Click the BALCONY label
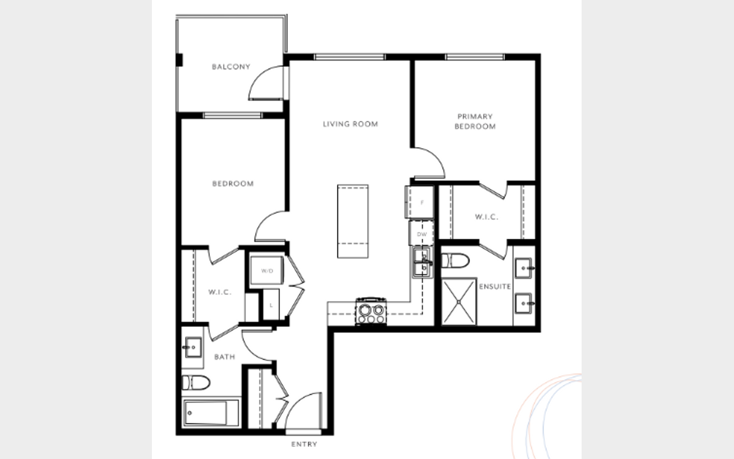point(231,67)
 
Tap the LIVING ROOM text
point(350,124)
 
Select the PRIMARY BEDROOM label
point(475,121)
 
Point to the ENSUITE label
point(495,287)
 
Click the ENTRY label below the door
point(304,444)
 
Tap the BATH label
point(224,356)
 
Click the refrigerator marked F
point(420,202)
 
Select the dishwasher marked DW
point(422,234)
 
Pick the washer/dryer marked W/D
point(267,271)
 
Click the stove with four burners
point(371,312)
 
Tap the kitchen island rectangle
point(353,221)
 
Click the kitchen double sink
point(423,263)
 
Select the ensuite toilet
point(455,261)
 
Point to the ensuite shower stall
point(459,302)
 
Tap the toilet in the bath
point(196,383)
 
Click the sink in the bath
point(193,347)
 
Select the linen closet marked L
point(271,305)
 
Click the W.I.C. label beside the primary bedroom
point(487,217)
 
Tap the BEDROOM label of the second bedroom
point(233,184)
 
